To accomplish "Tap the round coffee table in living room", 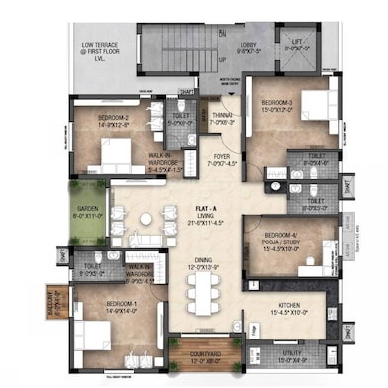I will tap(145, 218).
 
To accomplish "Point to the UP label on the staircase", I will tap(221, 60).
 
